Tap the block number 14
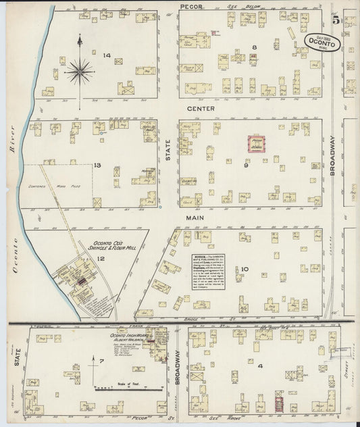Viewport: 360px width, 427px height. pos(106,55)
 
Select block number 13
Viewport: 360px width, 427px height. pos(97,165)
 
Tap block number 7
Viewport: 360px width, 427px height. pos(101,361)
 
